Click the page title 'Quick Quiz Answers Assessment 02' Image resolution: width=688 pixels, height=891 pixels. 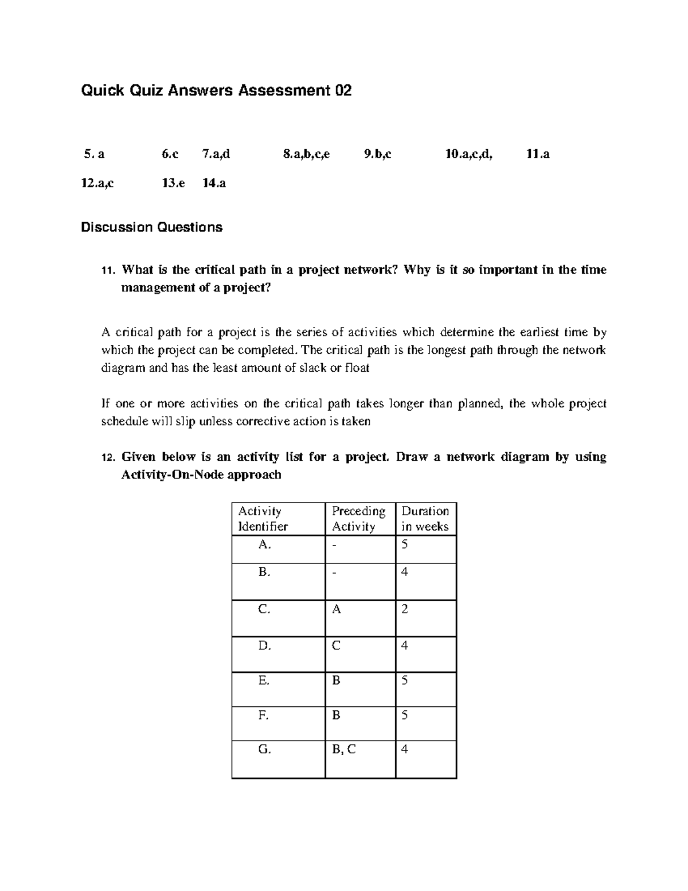[x=216, y=91]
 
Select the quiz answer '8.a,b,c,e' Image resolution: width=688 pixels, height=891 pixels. [x=306, y=154]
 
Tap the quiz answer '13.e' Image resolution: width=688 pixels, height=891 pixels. [x=173, y=184]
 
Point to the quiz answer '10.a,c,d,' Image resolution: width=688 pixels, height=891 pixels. [x=468, y=154]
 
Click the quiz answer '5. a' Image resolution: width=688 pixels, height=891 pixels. [x=94, y=154]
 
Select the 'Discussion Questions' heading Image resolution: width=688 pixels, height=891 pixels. [x=151, y=227]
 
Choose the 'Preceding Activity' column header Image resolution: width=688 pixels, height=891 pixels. [x=358, y=519]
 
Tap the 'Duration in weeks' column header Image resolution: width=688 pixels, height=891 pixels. [x=425, y=519]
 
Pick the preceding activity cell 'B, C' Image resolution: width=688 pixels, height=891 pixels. [x=343, y=749]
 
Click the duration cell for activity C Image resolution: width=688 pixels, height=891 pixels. [x=405, y=609]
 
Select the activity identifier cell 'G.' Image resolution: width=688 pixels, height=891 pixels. [x=264, y=749]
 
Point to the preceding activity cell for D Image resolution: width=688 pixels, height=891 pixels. [x=336, y=645]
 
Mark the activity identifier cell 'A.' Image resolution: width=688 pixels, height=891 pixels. [x=264, y=544]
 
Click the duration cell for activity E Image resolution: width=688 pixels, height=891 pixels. [x=405, y=680]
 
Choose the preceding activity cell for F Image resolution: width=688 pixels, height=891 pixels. [x=336, y=715]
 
